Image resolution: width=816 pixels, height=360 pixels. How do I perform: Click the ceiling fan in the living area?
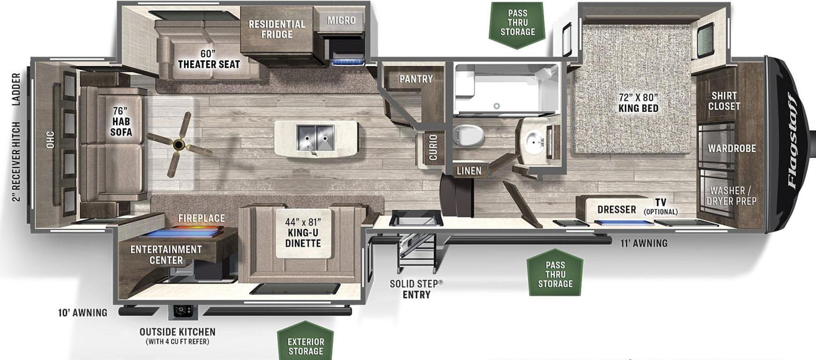coord(178,144)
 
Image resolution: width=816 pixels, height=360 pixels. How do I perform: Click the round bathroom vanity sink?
coord(534,139)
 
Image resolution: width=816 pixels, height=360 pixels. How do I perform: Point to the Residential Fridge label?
coord(277,29)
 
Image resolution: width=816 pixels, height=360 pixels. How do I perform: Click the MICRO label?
coord(341,20)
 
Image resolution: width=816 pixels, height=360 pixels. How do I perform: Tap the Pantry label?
coord(416,79)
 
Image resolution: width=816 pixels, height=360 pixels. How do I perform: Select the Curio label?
coord(433,147)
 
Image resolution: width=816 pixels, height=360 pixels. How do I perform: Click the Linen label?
coord(469,171)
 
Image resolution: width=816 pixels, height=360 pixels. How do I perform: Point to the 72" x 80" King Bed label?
coord(638,103)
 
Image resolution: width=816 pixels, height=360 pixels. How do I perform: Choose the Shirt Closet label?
coord(724,101)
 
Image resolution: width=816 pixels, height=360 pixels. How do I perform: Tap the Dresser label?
coord(617,209)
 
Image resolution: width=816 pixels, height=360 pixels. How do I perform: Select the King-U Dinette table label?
coord(303,232)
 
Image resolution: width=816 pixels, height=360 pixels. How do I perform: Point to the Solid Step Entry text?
coord(416,289)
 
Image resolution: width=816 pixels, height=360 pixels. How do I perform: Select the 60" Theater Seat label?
coord(209,59)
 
